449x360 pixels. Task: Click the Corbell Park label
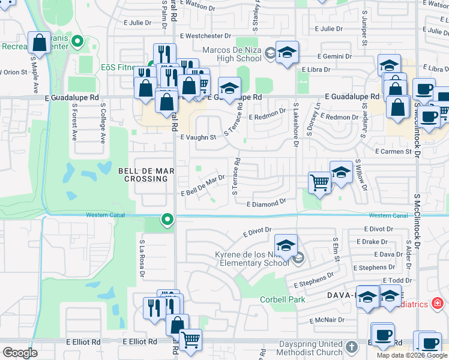pyautogui.click(x=282, y=299)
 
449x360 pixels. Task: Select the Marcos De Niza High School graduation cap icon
pyautogui.click(x=288, y=52)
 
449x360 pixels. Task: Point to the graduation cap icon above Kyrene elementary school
pyautogui.click(x=286, y=245)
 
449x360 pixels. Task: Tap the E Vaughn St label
pyautogui.click(x=198, y=137)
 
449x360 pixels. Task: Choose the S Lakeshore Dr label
pyautogui.click(x=295, y=124)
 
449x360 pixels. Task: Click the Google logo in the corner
pyautogui.click(x=20, y=353)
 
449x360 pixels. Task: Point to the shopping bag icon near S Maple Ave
pyautogui.click(x=40, y=43)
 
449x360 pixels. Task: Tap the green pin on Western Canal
pyautogui.click(x=167, y=221)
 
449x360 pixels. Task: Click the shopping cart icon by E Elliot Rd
pyautogui.click(x=191, y=340)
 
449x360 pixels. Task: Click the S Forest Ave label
pyautogui.click(x=75, y=123)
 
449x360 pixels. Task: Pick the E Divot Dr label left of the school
pyautogui.click(x=258, y=232)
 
